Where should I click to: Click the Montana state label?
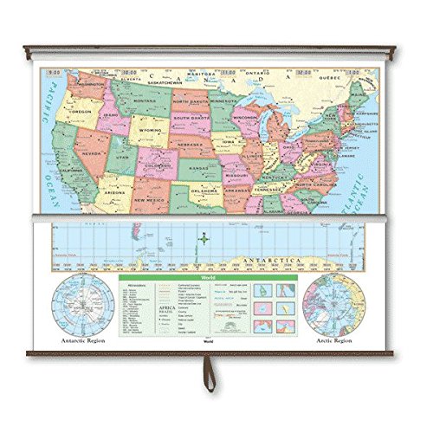[x=144, y=101]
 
